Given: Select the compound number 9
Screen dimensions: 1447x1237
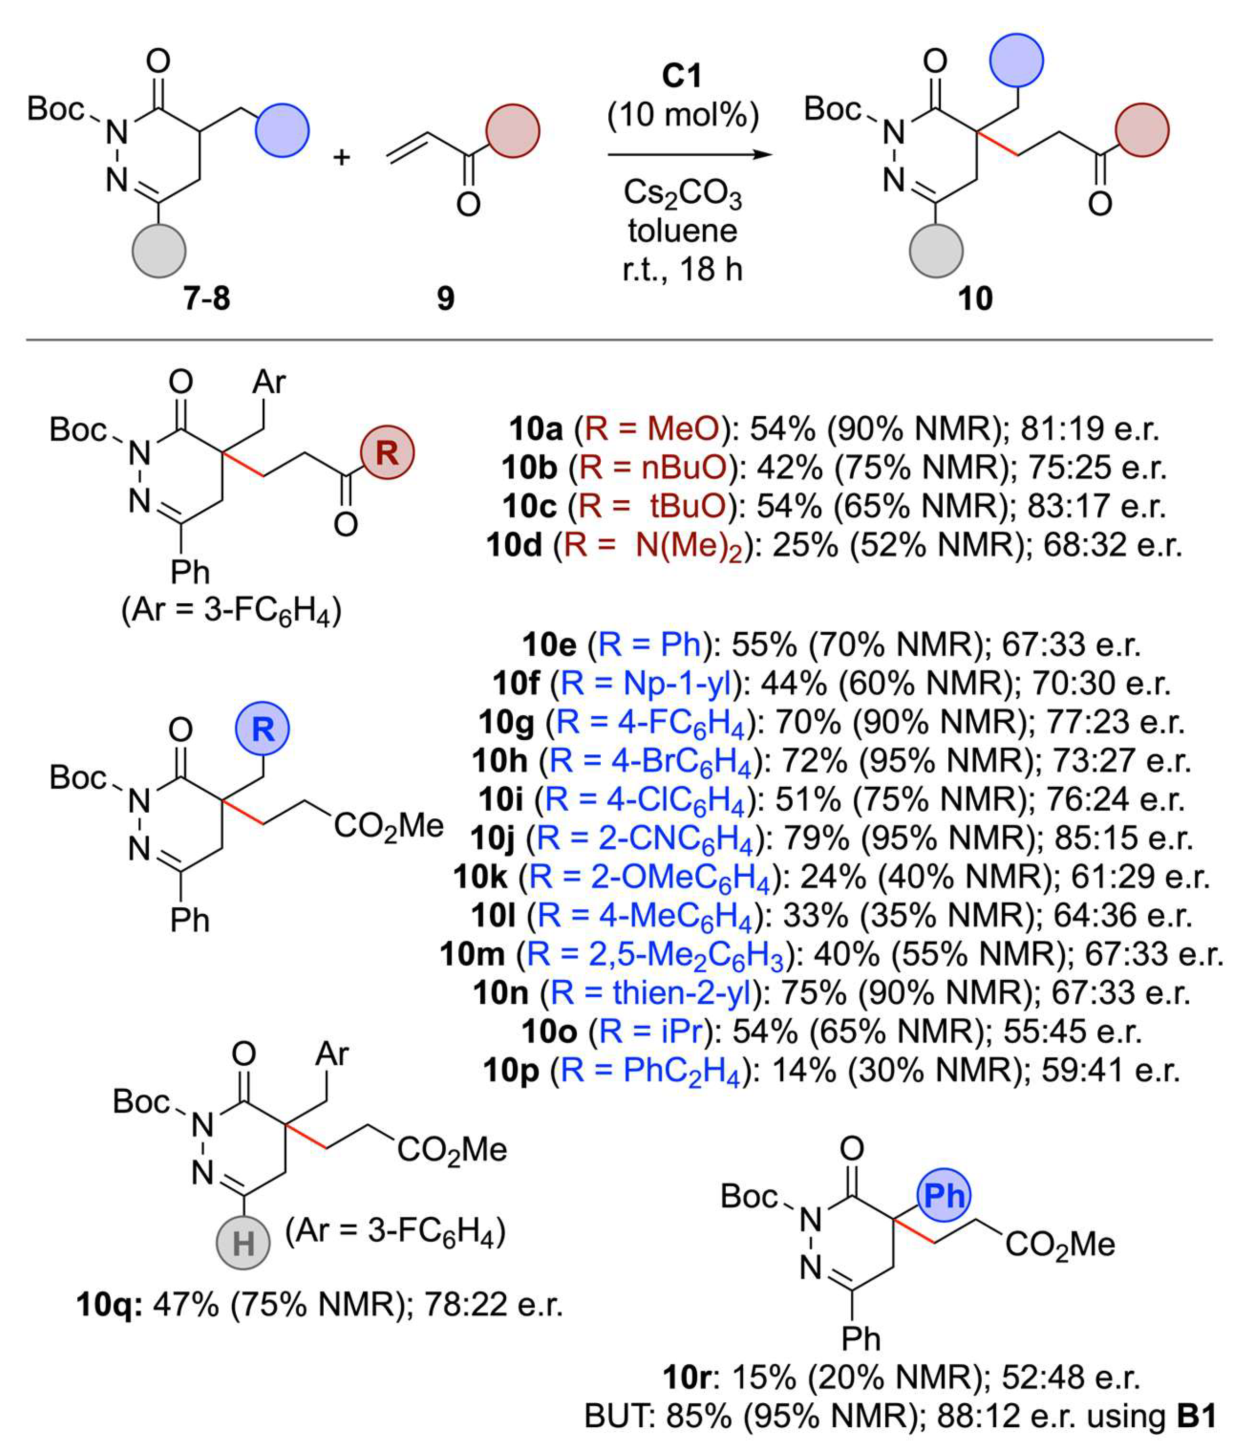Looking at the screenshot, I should (x=446, y=299).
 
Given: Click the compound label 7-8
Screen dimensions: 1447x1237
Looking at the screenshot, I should (x=207, y=299).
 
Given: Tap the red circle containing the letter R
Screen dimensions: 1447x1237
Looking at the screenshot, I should (x=387, y=452).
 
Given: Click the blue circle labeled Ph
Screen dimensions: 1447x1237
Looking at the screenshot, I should (x=944, y=1195).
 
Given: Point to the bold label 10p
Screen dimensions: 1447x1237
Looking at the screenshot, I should (x=511, y=1070).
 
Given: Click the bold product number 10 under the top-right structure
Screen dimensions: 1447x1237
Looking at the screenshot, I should (x=975, y=299).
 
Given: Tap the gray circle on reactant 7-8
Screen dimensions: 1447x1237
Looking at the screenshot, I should (x=159, y=251).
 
